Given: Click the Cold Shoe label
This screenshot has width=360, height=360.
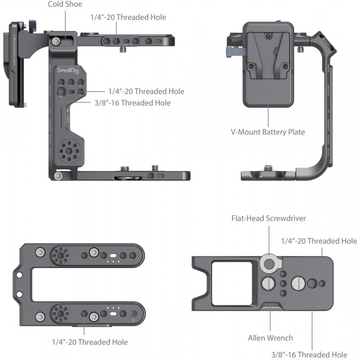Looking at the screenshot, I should (65, 4).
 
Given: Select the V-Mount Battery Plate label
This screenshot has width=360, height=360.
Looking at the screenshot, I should (268, 132).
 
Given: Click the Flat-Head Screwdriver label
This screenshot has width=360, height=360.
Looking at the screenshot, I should (269, 218).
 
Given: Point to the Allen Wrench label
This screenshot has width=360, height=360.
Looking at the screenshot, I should (270, 338).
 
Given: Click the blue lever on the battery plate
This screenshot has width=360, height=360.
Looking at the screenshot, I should (230, 53).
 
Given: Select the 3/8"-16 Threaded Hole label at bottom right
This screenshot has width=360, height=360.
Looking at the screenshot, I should (310, 354).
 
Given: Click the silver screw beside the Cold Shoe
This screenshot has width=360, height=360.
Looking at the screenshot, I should (55, 41).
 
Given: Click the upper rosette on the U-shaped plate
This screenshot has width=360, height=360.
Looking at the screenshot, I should (60, 255).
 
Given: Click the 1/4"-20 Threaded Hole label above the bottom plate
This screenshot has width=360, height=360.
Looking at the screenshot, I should (319, 240).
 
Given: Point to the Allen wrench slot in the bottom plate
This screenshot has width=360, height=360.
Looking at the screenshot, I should (270, 306).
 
